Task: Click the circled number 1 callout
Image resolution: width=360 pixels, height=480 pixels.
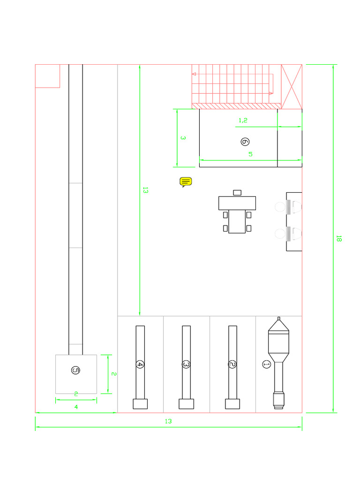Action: coord(266,364)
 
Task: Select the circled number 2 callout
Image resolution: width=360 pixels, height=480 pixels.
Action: coord(232,364)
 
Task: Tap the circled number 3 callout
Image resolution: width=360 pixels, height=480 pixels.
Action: coord(186,364)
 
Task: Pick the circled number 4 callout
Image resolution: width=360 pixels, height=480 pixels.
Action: coord(140,364)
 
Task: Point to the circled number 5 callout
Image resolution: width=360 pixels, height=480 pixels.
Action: coord(75,370)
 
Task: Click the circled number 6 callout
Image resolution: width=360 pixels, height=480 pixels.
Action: coord(245,141)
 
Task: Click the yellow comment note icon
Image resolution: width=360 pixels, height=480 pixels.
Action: coord(186,182)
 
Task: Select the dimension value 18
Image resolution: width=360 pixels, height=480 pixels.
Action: coord(339,238)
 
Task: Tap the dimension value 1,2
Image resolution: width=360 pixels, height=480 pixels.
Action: coord(243,120)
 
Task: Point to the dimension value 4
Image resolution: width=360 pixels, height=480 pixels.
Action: coord(76,407)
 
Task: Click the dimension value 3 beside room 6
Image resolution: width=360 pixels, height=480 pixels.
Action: coord(183,138)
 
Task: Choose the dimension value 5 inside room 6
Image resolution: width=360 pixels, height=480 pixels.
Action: coord(250,154)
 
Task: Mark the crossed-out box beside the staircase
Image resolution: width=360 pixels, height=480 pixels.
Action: coord(292,87)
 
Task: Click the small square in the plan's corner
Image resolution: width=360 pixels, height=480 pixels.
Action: coord(48,76)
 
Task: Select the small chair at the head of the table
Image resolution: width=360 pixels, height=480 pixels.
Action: coord(237,192)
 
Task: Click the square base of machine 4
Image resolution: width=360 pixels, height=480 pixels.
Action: coord(140,404)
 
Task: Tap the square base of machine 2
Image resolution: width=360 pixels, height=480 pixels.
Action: coord(232,404)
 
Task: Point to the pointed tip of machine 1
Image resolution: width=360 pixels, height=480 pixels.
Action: coord(279,319)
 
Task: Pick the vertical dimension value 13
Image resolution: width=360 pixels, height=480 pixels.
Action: coord(145,190)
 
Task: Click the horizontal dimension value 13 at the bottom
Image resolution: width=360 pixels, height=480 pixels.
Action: coord(168,421)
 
